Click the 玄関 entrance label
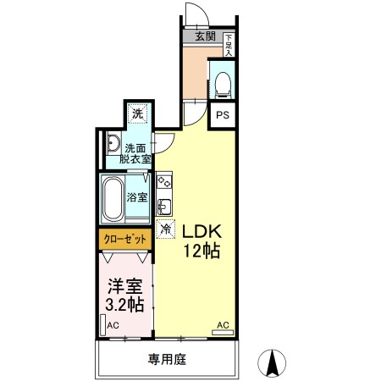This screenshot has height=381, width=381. coord(205,36)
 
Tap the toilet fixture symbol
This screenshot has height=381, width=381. coord(222,82)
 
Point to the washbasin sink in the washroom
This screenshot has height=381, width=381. coord(113,144)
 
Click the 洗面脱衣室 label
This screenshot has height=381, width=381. coord(135,152)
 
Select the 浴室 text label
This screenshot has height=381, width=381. coord(137,197)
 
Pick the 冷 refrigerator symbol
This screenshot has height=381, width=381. coord(166,229)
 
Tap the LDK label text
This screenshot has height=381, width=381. coord(202,231)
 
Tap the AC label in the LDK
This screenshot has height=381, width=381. coord(223,325)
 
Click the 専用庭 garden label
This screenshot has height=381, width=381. coord(166,359)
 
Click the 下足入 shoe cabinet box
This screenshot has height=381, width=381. coord(229,45)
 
